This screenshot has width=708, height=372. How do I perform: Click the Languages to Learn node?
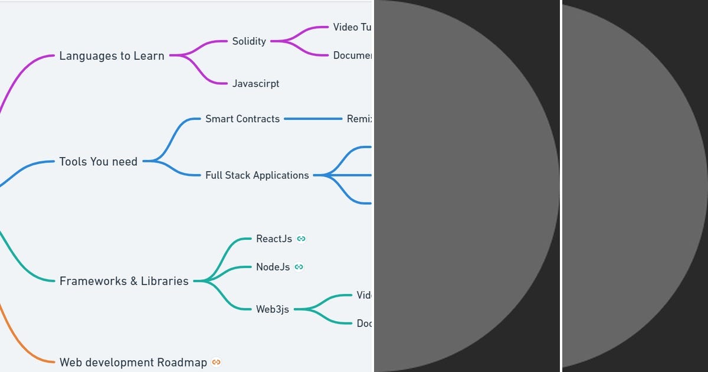click(112, 56)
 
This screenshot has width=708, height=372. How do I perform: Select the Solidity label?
click(248, 41)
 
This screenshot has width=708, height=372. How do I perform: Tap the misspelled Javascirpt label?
click(255, 84)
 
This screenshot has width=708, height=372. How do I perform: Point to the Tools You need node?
click(98, 162)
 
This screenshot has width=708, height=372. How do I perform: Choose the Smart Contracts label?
click(242, 119)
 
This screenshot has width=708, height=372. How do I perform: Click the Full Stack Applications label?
click(257, 175)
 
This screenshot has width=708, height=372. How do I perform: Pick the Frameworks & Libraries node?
click(124, 281)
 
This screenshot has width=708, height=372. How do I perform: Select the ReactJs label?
click(274, 239)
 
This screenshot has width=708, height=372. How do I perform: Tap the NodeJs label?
click(273, 267)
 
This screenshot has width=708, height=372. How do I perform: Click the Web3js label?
click(272, 309)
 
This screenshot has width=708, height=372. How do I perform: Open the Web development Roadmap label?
click(133, 363)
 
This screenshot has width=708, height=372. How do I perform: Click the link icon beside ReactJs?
click(301, 239)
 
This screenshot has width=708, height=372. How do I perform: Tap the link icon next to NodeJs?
click(299, 267)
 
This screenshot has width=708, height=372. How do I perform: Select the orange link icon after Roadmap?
click(217, 362)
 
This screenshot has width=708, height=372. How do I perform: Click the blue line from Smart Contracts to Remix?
click(313, 119)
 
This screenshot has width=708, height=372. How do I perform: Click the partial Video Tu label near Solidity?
click(352, 27)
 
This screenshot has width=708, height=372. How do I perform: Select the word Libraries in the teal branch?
click(165, 281)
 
